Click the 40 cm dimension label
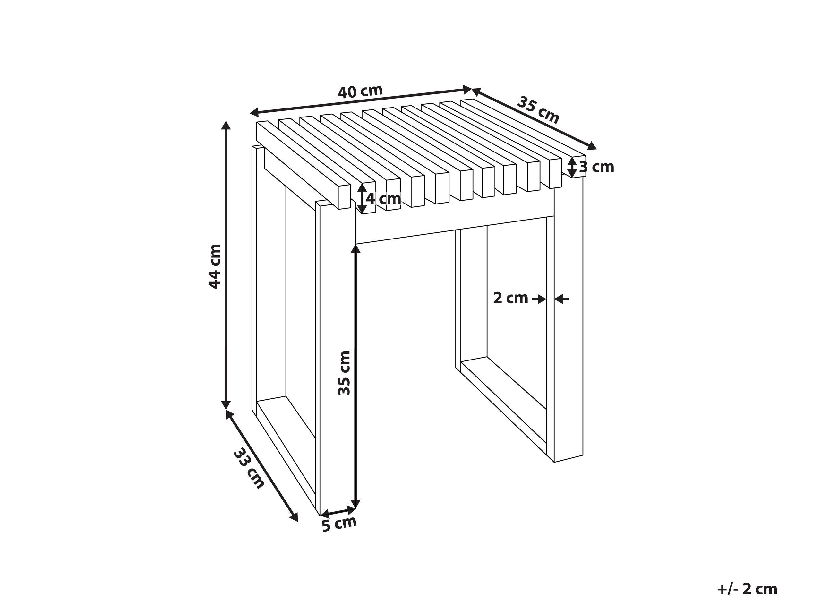point(360,91)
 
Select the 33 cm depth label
point(249,469)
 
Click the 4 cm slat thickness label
point(383,199)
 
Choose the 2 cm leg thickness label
point(510,298)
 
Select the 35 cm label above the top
point(538,110)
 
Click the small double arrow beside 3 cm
point(573,167)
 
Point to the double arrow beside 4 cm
point(362,199)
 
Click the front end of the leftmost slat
point(344,196)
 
